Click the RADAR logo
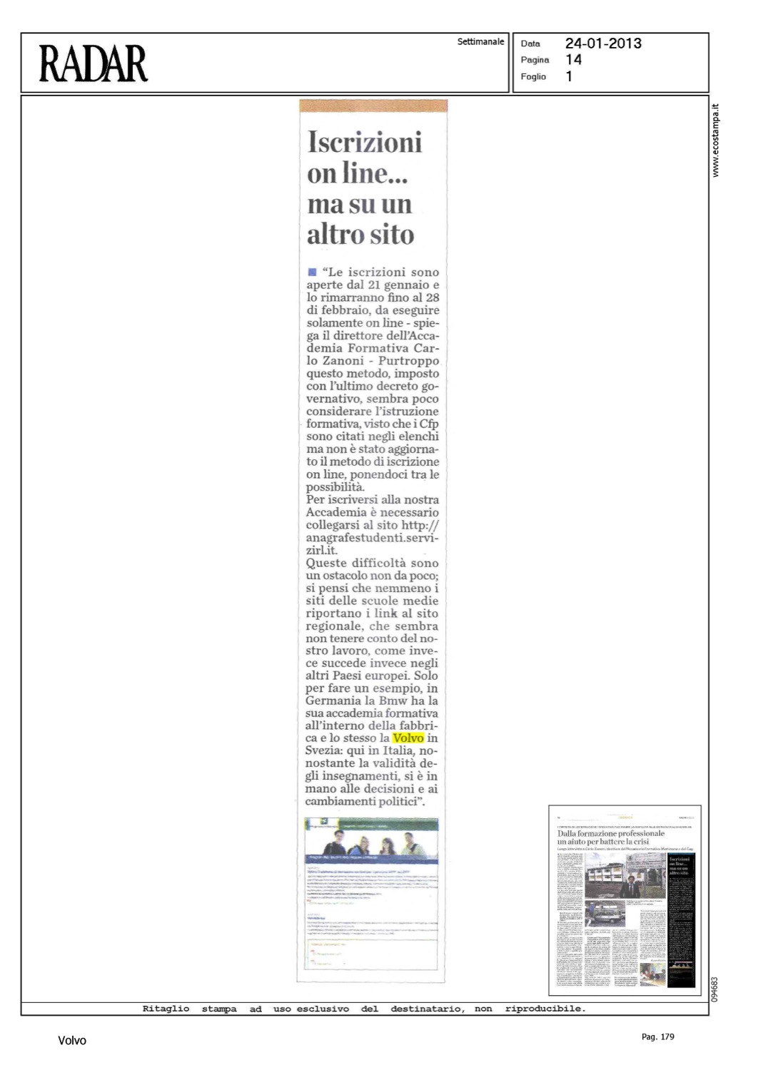point(94,63)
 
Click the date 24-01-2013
point(603,44)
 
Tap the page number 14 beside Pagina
point(573,60)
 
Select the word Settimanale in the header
point(480,42)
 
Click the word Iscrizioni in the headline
point(365,142)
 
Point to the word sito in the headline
point(390,235)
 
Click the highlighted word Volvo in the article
point(408,738)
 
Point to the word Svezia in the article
point(325,750)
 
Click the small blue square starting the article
point(311,272)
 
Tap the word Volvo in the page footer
point(72,1041)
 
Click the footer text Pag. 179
point(657,1036)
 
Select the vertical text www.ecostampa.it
point(716,141)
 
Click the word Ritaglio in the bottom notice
point(166,1009)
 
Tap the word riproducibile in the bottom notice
point(545,1009)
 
